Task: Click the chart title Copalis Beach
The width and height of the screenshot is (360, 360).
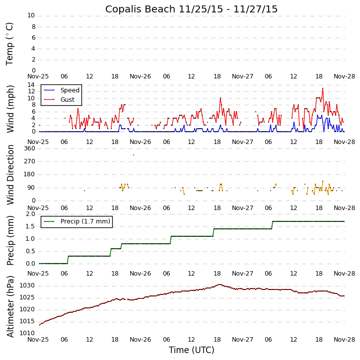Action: click(x=191, y=9)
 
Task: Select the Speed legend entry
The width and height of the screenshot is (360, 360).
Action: click(x=70, y=90)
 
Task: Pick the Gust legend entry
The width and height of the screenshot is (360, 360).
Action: click(x=67, y=100)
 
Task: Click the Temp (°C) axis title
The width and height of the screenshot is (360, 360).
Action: click(x=10, y=43)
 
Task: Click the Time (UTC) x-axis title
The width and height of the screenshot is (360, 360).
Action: click(x=191, y=350)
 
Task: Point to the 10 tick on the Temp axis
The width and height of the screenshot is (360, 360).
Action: click(x=31, y=15)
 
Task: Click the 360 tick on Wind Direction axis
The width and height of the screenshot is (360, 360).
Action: click(x=29, y=148)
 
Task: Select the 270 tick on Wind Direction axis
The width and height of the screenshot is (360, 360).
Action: click(x=29, y=161)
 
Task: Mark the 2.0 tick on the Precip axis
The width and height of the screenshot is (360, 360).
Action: click(x=30, y=214)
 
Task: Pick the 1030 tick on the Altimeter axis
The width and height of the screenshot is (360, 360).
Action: click(x=27, y=286)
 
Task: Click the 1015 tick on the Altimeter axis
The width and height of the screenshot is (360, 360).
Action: click(x=27, y=321)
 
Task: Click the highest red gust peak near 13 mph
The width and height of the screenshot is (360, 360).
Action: click(x=323, y=88)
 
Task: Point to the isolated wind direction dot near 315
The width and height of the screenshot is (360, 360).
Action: click(x=133, y=155)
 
